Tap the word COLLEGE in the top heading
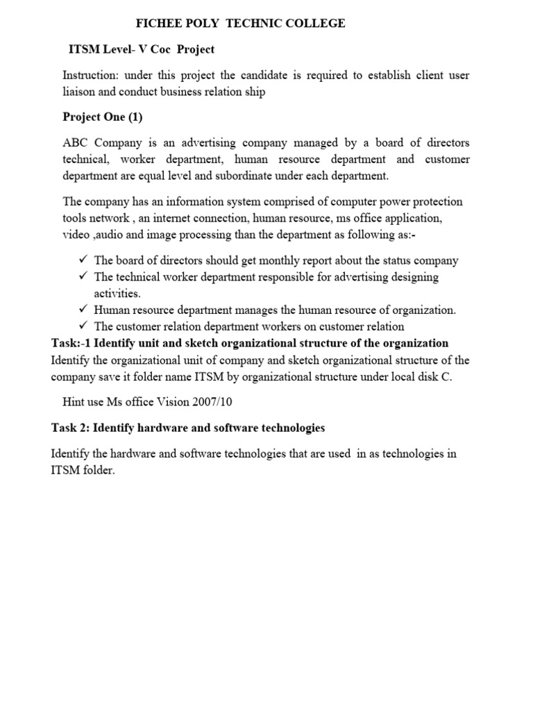click(x=314, y=24)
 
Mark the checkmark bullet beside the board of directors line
click(x=82, y=260)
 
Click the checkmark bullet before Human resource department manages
click(x=82, y=310)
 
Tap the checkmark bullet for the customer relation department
click(x=82, y=326)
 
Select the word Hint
click(x=74, y=402)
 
